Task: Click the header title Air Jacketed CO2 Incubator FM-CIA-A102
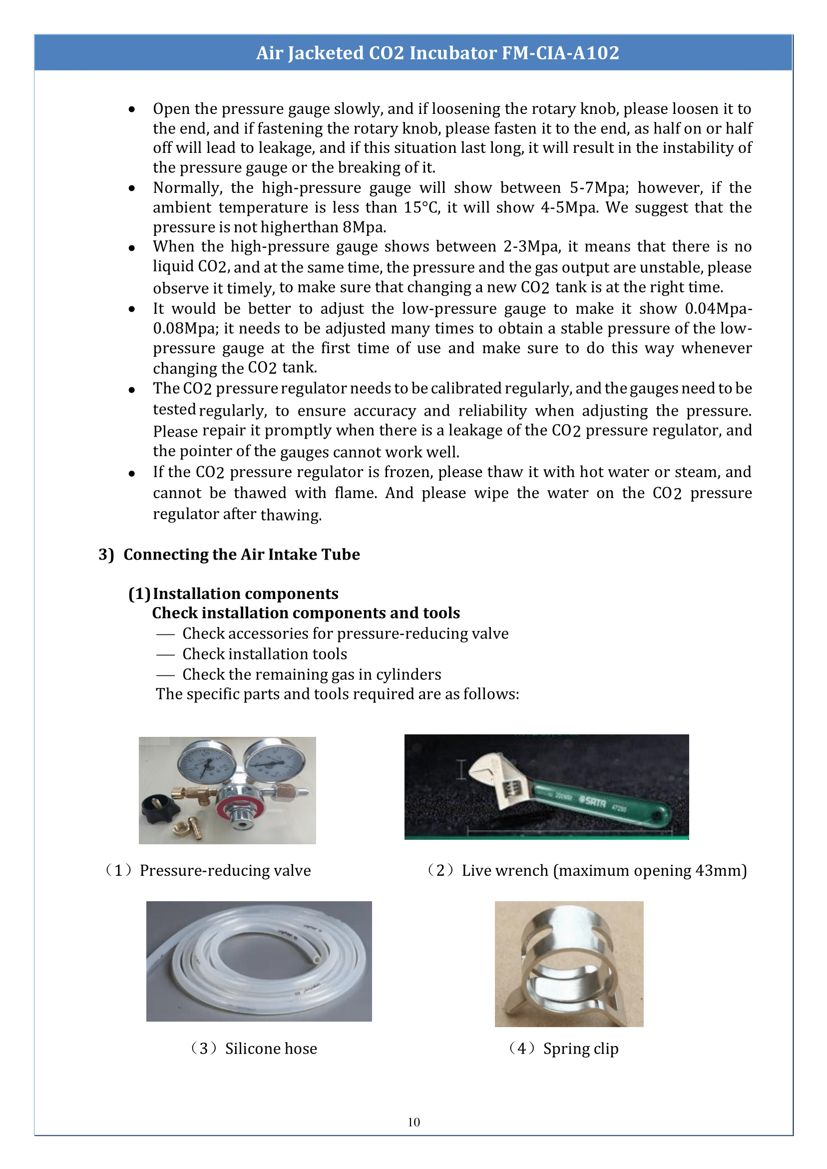click(x=437, y=53)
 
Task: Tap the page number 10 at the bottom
click(x=413, y=1122)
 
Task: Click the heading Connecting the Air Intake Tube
click(x=241, y=554)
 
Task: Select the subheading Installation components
click(x=245, y=593)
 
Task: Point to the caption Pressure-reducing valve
click(x=225, y=871)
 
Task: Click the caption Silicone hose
click(x=271, y=1049)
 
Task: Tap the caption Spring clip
click(x=580, y=1049)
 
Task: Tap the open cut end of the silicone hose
click(x=317, y=959)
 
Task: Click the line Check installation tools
click(x=264, y=654)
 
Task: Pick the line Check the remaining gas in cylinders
click(x=311, y=674)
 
